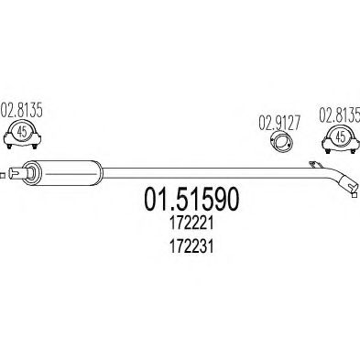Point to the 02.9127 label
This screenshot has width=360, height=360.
275,119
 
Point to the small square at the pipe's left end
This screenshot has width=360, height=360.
4,171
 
